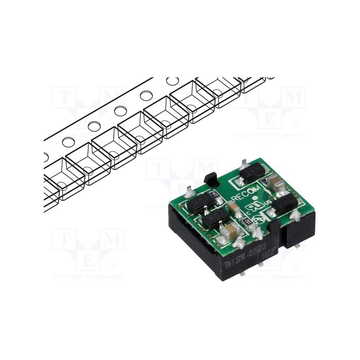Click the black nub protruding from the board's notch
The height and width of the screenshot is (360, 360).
(211, 179)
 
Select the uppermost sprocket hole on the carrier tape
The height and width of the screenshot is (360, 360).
(172, 81)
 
